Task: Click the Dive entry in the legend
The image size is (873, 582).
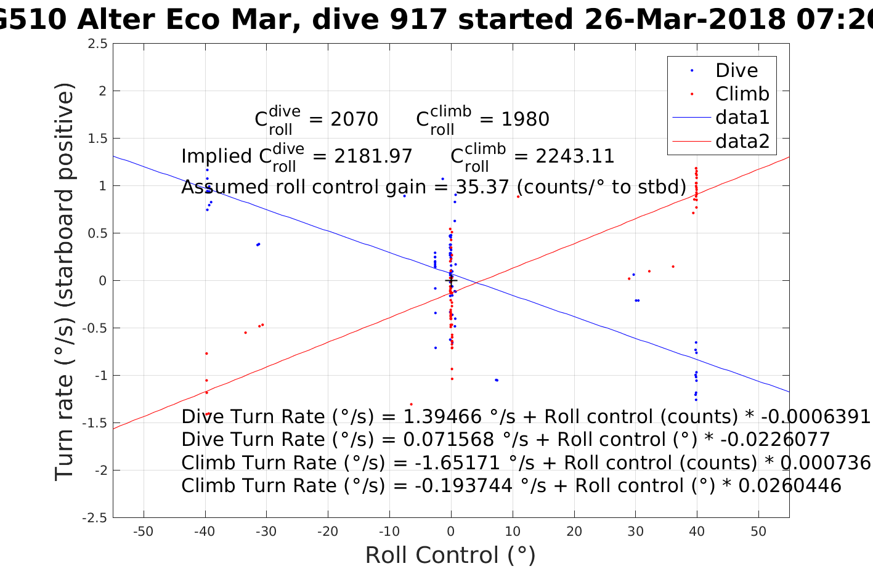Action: (x=736, y=70)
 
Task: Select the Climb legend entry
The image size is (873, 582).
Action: (x=742, y=94)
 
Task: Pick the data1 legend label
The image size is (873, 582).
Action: (x=742, y=117)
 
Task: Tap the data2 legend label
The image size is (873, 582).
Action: (x=742, y=141)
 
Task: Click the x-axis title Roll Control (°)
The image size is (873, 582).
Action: (x=450, y=556)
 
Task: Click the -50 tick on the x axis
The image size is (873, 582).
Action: (x=144, y=531)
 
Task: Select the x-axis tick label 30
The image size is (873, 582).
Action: (x=635, y=531)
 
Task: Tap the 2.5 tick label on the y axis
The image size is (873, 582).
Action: (x=97, y=44)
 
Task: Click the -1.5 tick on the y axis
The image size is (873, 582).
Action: (x=95, y=423)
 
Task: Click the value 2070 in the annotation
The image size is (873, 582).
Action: (x=354, y=119)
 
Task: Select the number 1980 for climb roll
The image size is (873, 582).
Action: (x=525, y=119)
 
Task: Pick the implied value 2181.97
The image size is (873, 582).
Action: (x=373, y=156)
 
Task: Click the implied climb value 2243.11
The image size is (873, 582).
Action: (x=575, y=156)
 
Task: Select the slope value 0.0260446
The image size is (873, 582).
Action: (x=790, y=486)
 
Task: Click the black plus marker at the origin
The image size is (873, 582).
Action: (x=451, y=281)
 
